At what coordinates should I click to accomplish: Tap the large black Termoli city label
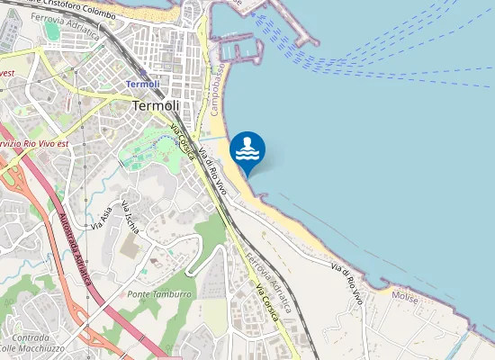pos(156,105)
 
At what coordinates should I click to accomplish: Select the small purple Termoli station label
pos(142,84)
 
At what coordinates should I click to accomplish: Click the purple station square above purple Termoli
pos(142,73)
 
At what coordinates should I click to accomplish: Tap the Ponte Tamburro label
pos(159,295)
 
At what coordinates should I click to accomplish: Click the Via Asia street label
pos(100,217)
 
